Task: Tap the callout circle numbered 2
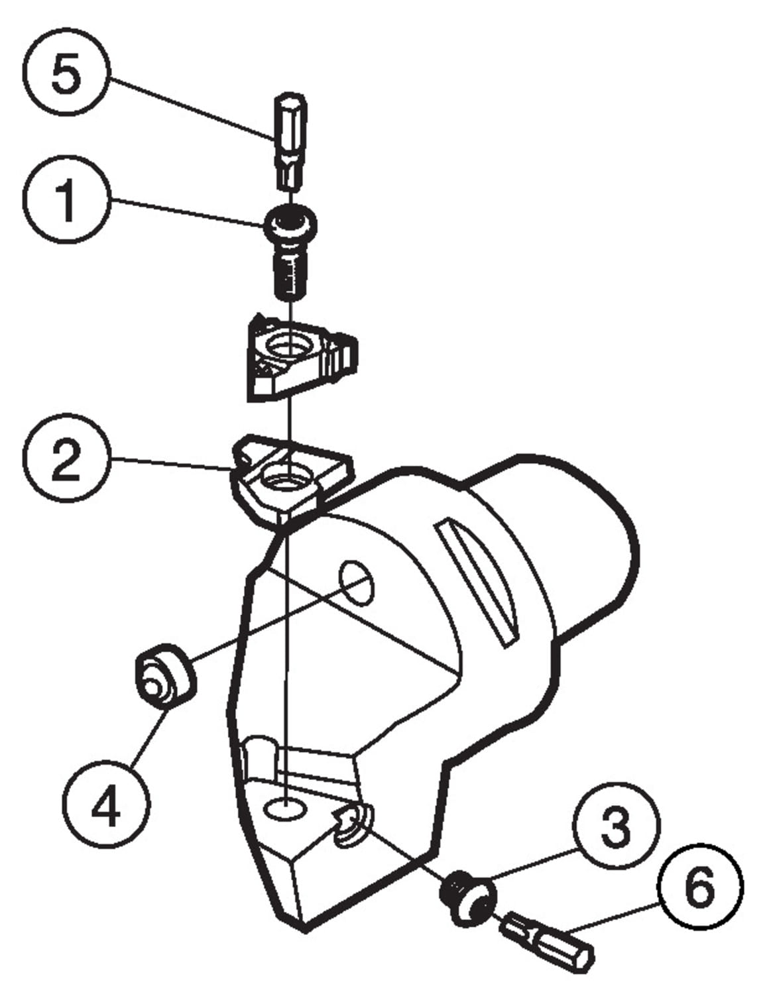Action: [x=66, y=462]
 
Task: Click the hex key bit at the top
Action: [x=290, y=142]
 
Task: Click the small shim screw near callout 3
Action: [x=468, y=898]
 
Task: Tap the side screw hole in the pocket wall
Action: [x=352, y=825]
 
